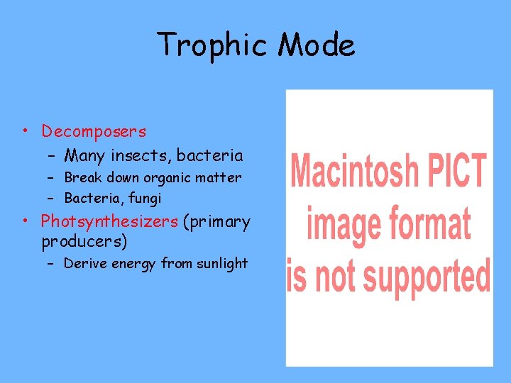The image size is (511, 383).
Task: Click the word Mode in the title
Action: (x=317, y=45)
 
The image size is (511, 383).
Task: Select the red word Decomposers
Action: (x=94, y=131)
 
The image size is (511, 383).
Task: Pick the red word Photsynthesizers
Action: (x=109, y=221)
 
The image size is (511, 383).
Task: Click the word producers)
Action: (x=84, y=241)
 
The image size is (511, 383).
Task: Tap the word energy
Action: (x=131, y=264)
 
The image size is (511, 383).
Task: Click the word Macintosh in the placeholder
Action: (x=355, y=172)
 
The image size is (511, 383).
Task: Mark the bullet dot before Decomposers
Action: (x=25, y=131)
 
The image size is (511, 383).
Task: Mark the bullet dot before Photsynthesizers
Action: (x=25, y=221)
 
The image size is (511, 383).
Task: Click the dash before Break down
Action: (x=53, y=177)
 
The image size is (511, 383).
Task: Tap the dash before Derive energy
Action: (x=53, y=263)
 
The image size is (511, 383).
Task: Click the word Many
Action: (x=83, y=155)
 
